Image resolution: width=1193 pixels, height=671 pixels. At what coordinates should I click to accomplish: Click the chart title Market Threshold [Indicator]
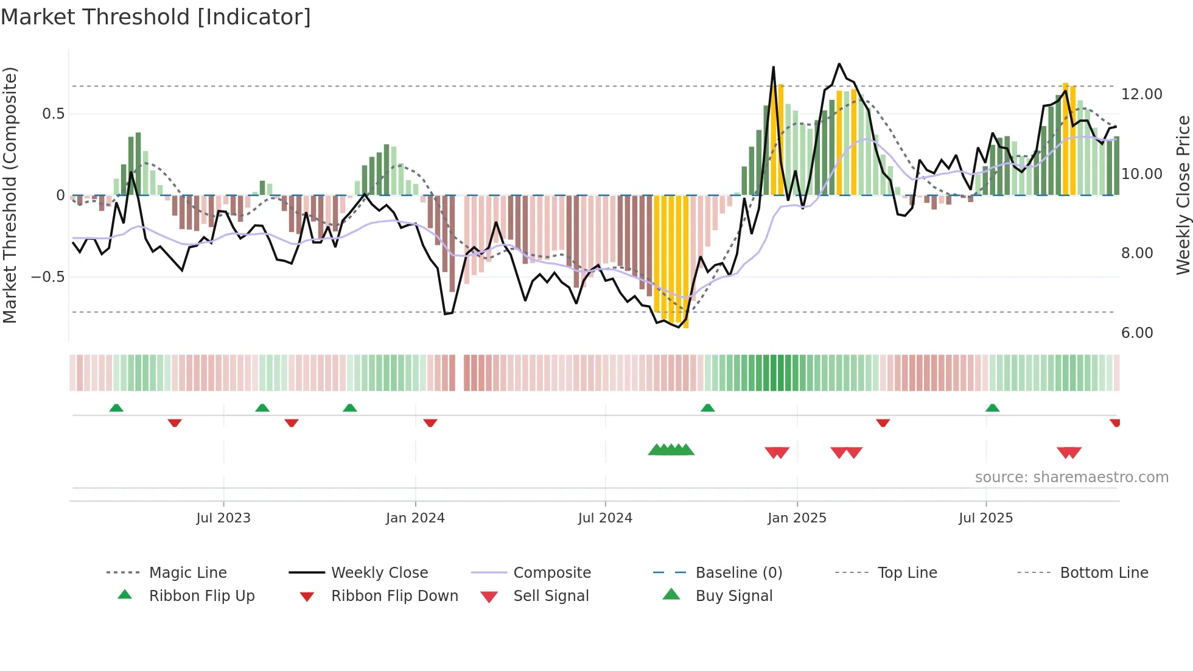point(156,17)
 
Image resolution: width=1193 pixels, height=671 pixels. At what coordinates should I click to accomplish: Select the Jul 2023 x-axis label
point(223,518)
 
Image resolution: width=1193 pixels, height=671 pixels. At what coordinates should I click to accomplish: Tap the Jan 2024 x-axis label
point(415,518)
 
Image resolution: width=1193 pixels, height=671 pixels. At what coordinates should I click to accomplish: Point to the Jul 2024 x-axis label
point(605,518)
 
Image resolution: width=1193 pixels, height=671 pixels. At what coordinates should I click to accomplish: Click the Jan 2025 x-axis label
point(797,518)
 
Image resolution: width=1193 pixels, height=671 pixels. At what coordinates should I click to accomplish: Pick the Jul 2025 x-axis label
point(985,518)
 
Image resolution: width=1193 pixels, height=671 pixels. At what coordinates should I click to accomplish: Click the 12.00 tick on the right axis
point(1141,94)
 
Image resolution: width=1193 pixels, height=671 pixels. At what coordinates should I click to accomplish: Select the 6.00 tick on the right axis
point(1136,333)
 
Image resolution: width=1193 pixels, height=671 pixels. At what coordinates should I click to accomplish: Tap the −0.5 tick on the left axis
point(47,277)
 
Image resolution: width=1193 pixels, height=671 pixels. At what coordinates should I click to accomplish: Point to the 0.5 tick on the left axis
point(53,114)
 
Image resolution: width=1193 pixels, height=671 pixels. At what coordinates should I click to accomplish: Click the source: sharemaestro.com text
point(1071,477)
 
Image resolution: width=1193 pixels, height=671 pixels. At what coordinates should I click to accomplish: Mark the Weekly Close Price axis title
point(1183,195)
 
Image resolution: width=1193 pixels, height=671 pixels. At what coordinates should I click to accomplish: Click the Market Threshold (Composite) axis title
point(10,195)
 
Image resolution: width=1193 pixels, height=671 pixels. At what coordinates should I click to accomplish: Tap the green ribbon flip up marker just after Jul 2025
point(992,408)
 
